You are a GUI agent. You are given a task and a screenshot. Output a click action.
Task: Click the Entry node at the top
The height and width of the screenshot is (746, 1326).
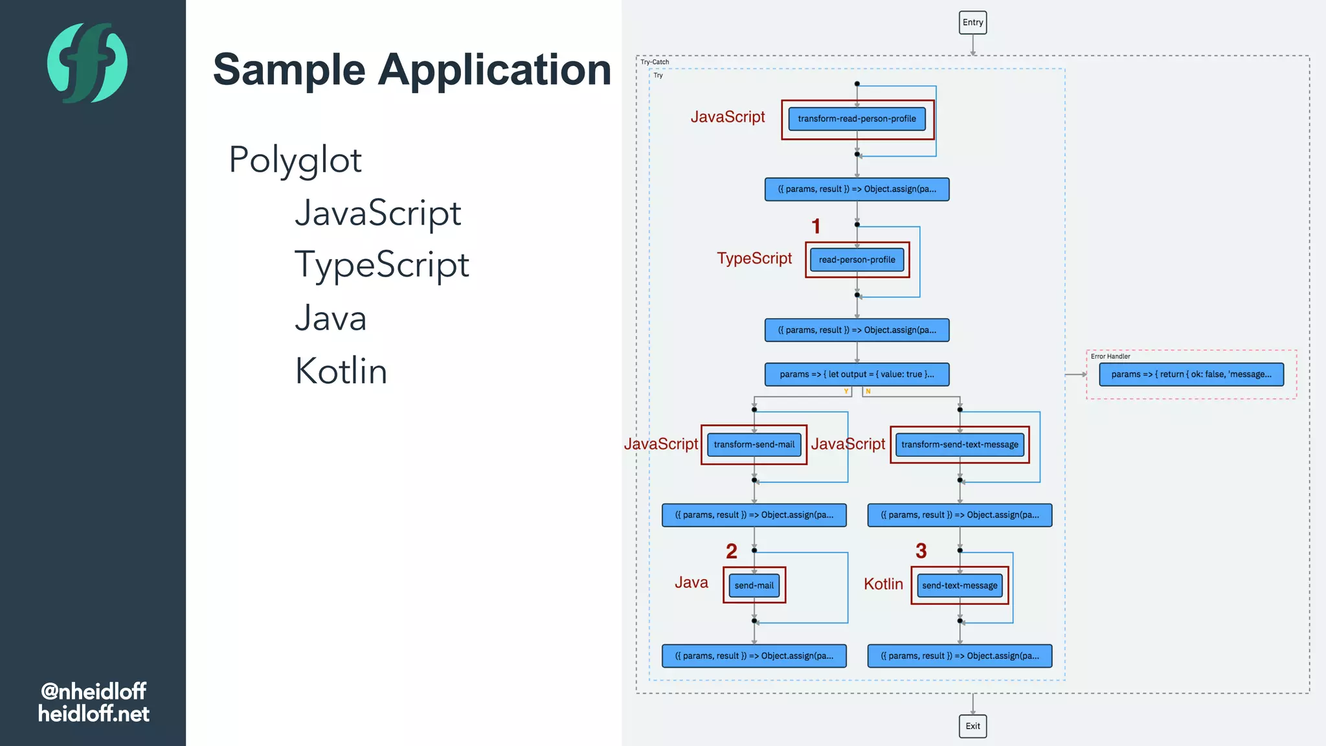click(x=972, y=23)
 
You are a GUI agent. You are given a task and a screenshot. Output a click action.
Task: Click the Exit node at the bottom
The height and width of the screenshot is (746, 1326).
click(x=972, y=726)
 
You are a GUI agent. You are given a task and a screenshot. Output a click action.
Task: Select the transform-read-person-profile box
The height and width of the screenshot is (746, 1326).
click(x=857, y=119)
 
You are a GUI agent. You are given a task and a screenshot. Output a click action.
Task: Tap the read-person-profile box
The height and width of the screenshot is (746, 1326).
click(x=857, y=260)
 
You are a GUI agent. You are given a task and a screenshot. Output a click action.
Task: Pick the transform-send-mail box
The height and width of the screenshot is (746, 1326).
click(x=754, y=445)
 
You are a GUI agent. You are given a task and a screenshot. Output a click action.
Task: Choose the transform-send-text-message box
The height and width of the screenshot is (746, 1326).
click(x=960, y=445)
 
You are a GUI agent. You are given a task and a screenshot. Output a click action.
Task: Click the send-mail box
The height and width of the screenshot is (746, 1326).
click(x=754, y=585)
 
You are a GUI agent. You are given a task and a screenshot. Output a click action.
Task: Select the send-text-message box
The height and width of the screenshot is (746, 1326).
click(x=960, y=585)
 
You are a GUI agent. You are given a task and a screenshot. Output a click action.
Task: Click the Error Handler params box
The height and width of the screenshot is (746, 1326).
click(x=1191, y=374)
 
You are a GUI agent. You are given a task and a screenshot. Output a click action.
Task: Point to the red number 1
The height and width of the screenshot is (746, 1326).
click(x=816, y=226)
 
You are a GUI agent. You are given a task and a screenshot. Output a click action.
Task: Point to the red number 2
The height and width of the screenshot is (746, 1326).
click(x=732, y=551)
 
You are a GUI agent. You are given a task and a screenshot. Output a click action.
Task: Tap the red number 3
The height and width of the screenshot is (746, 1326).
click(x=921, y=551)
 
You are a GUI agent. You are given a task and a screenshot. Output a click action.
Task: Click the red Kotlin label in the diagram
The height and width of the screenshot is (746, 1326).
click(x=883, y=584)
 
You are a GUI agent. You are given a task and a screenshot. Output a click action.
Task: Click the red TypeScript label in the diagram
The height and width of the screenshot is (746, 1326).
click(x=754, y=258)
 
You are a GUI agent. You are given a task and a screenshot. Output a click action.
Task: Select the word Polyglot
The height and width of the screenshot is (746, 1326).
click(x=295, y=160)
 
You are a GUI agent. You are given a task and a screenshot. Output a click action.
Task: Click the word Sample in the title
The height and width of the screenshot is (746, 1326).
click(x=289, y=70)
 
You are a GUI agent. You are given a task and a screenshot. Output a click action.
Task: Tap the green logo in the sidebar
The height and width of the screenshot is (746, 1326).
click(x=87, y=63)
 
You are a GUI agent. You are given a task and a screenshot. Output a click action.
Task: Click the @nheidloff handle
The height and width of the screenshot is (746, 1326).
click(x=93, y=691)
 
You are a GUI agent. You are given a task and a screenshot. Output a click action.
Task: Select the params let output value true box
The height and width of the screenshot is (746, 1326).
click(x=857, y=374)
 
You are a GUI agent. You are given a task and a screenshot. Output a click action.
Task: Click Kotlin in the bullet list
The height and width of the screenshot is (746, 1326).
click(x=341, y=371)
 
